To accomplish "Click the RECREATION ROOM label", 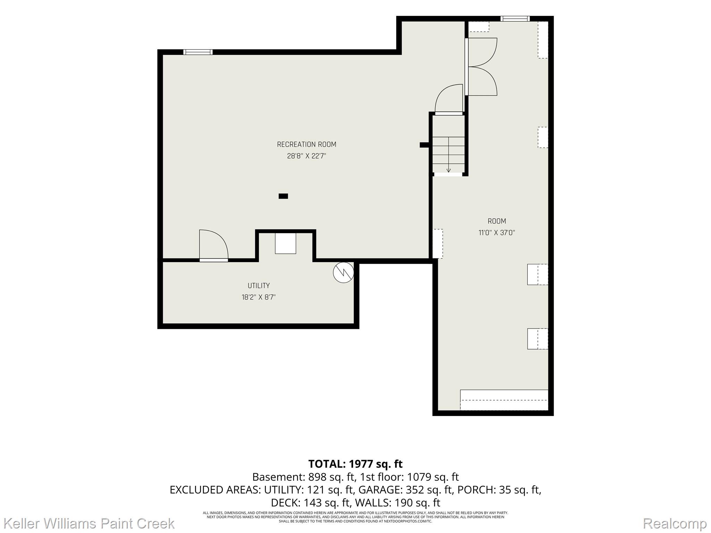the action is [x=307, y=144].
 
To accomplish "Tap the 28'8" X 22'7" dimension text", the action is [x=307, y=156].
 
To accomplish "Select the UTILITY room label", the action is [x=259, y=286].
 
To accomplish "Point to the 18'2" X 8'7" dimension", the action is [x=259, y=297].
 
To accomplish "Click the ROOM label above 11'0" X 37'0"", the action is [x=497, y=221].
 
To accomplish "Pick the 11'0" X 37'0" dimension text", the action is [x=497, y=233].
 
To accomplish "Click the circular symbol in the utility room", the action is [x=343, y=272].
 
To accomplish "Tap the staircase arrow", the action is [x=449, y=155].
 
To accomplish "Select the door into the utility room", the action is [x=214, y=245].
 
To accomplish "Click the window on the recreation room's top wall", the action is [x=198, y=52].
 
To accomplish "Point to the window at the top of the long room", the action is [x=515, y=19].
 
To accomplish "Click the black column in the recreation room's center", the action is [x=283, y=196].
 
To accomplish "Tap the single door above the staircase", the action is [x=449, y=99].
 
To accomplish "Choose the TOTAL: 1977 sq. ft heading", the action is [x=355, y=464].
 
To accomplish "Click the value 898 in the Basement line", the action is [x=318, y=477].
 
